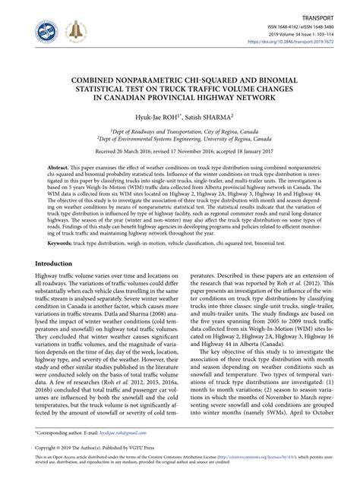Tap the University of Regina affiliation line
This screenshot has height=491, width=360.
(179, 140)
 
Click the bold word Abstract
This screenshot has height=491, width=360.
(58, 165)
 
